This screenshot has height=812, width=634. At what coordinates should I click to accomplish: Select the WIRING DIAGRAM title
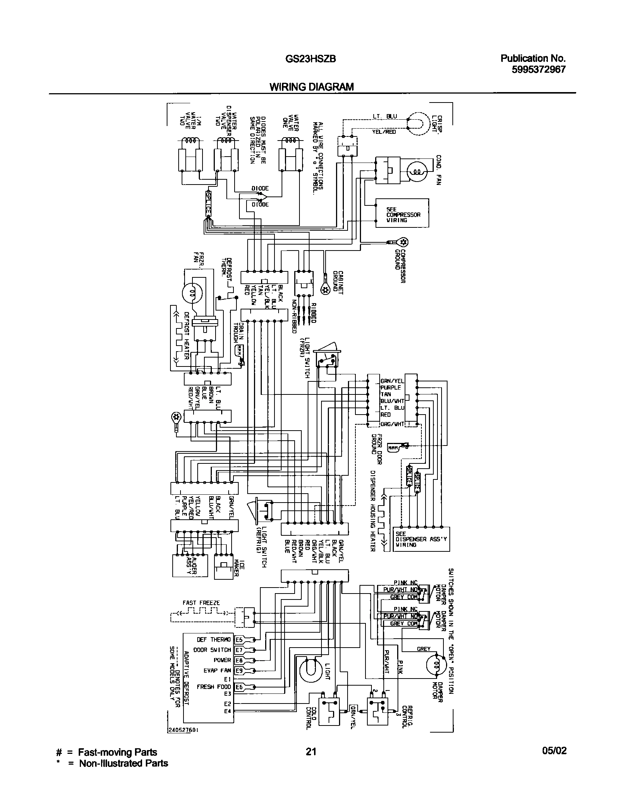pos(311,87)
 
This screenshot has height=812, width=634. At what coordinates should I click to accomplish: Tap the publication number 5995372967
pos(539,69)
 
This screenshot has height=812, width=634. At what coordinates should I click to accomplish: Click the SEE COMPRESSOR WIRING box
pos(402,213)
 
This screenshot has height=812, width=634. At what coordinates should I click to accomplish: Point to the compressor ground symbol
pos(402,242)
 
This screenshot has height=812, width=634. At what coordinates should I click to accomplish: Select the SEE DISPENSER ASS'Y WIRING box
pos(422,539)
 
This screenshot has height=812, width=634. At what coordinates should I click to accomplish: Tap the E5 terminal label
pos(239,640)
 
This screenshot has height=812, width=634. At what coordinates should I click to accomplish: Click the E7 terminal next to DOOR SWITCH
pos(239,650)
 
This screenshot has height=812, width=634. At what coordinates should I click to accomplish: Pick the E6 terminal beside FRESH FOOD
pos(239,687)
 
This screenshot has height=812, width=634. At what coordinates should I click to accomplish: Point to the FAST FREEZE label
pos(201,602)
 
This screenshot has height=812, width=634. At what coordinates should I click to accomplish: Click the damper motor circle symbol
pos(436,665)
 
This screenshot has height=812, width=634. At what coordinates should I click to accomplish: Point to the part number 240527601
pos(182,730)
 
